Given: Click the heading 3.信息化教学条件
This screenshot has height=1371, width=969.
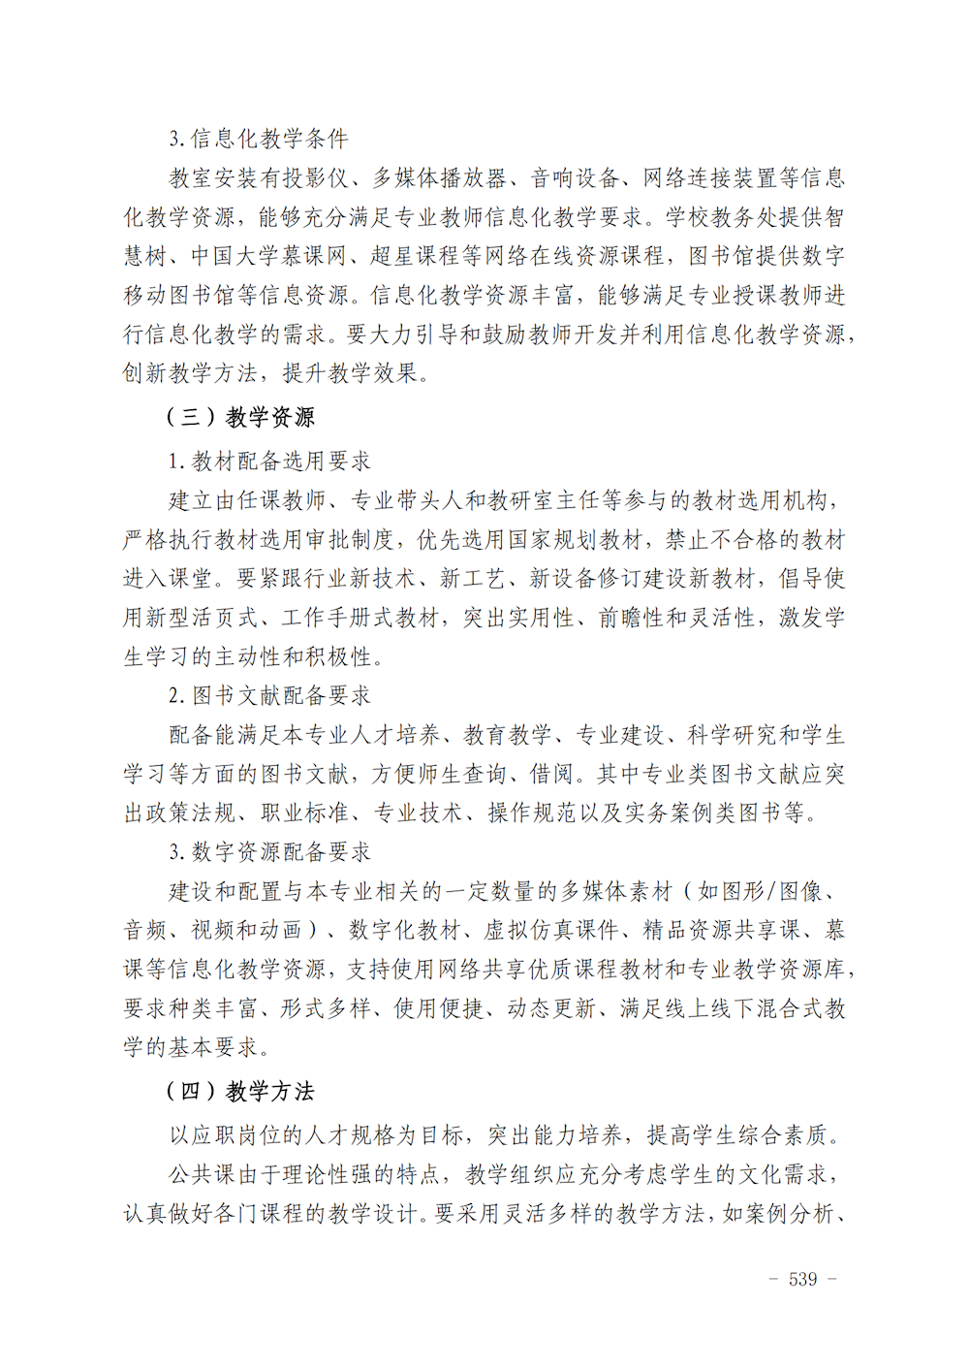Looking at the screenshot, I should click(x=259, y=139).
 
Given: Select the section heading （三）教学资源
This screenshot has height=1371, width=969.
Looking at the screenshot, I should click(x=240, y=418).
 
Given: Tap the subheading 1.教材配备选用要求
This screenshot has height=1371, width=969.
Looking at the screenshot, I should click(x=269, y=462).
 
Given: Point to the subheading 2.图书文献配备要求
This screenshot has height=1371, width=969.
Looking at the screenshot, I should click(x=269, y=696).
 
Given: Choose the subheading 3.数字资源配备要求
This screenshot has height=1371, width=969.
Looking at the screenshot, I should click(x=269, y=852).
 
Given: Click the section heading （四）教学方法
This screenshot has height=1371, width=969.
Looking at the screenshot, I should click(x=240, y=1092).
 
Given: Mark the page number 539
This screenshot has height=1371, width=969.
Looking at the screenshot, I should click(x=802, y=1280).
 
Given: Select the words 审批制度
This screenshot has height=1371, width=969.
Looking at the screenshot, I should click(x=349, y=540).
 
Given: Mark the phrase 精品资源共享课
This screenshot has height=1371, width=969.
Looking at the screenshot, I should click(x=722, y=931).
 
